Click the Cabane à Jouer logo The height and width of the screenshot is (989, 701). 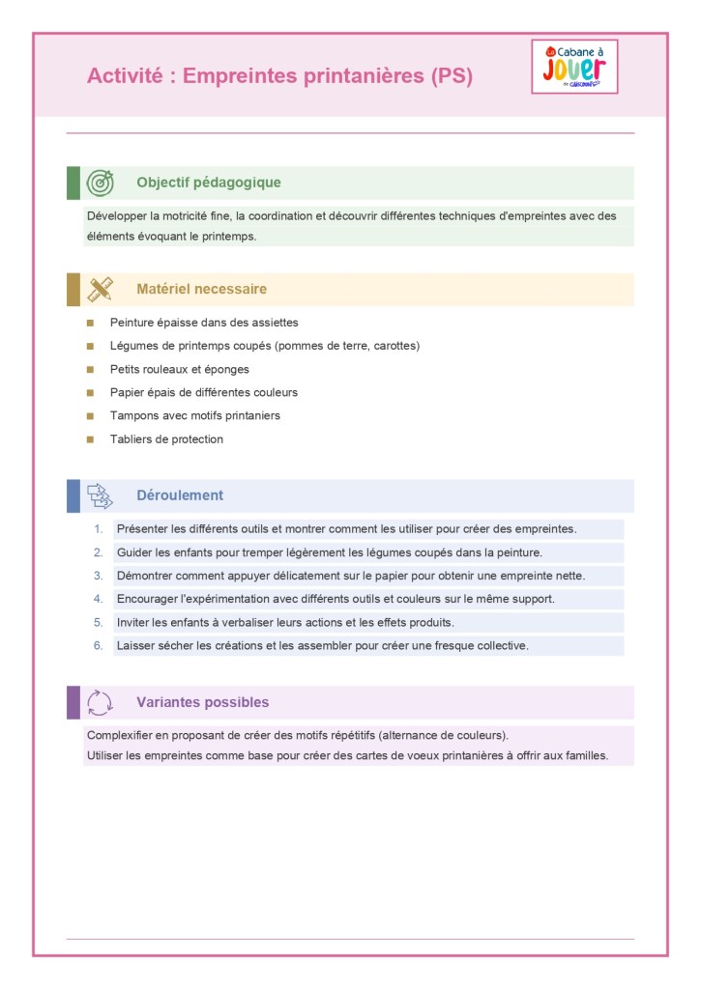tap(574, 67)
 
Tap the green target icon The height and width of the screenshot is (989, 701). tap(101, 183)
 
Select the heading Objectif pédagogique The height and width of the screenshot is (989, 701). tap(209, 183)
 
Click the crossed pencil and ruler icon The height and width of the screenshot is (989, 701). tap(101, 289)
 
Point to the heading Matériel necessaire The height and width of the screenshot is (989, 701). tap(201, 289)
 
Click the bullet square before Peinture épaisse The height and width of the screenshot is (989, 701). tap(90, 323)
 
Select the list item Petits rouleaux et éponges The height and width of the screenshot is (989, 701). tap(180, 369)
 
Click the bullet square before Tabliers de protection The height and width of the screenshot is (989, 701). tap(90, 439)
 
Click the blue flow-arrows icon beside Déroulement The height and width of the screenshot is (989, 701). tap(101, 495)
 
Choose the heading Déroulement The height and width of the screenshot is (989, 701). tap(180, 495)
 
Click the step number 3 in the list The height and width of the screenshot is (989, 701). tap(98, 576)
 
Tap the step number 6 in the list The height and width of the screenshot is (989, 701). tap(98, 646)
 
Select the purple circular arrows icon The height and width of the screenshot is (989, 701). tap(101, 702)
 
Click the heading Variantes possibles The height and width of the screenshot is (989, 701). tap(203, 702)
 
